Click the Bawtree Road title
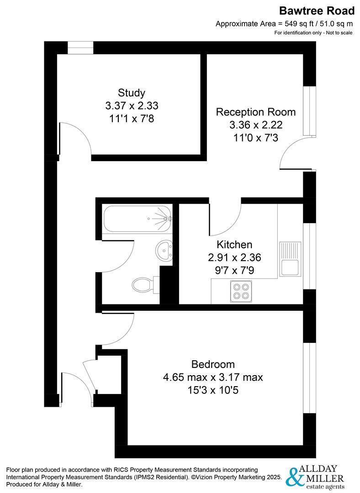tap(317, 10)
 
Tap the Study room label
tap(132, 93)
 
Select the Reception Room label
tap(255, 112)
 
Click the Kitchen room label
tap(234, 245)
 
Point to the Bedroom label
tap(213, 364)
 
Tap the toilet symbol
tap(143, 285)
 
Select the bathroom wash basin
tap(164, 250)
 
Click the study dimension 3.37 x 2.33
tap(132, 106)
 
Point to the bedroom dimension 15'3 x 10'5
tap(213, 390)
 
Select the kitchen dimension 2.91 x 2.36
tap(234, 257)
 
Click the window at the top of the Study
tap(80, 48)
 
